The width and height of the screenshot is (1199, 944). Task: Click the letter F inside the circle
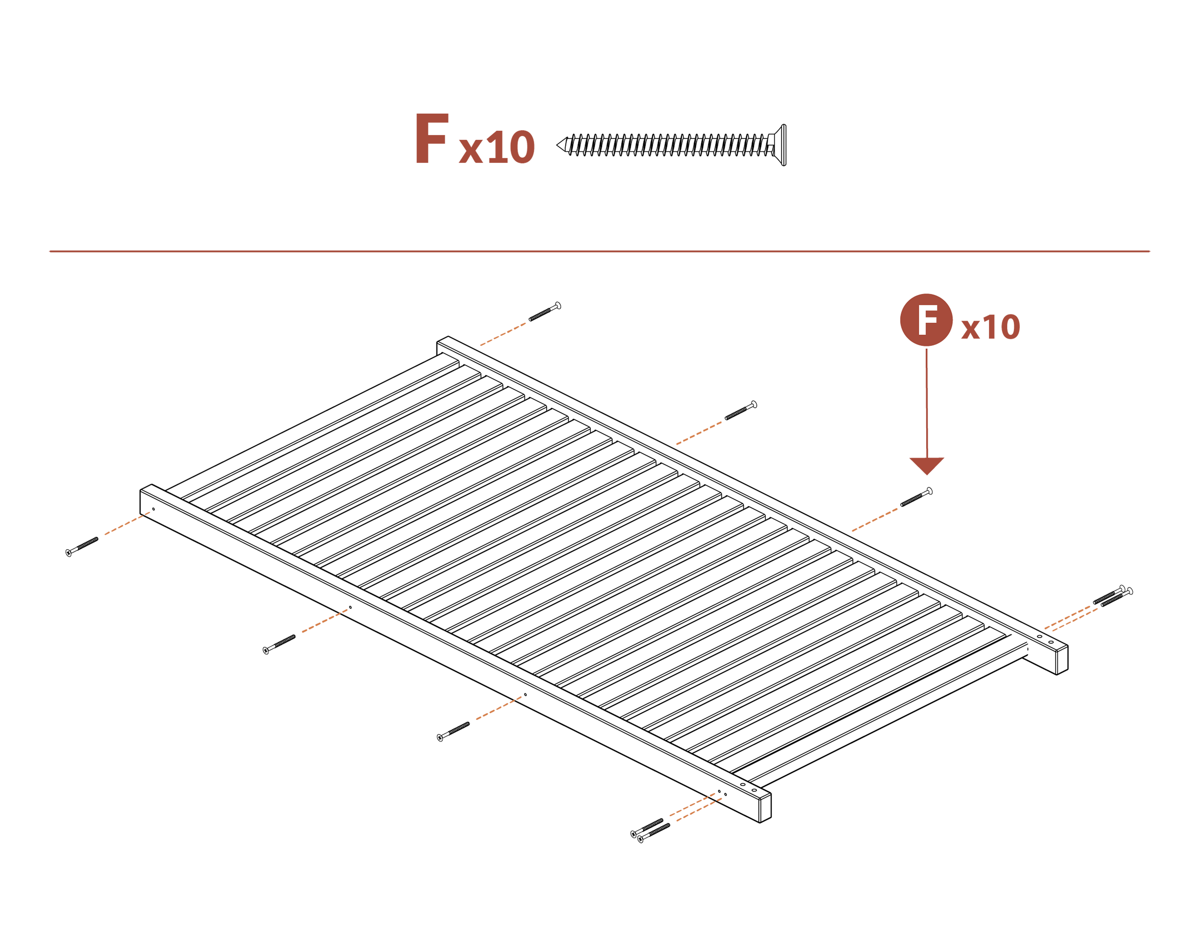tap(927, 320)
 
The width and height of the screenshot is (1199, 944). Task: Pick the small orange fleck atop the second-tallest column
tap(344, 608)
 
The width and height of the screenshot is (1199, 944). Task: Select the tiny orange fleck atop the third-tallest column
tap(519, 695)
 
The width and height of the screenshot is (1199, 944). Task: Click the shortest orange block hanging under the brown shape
tap(502, 321)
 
